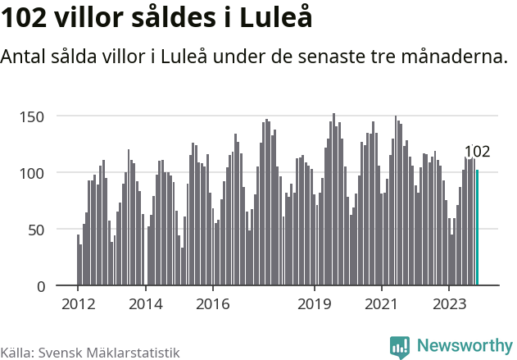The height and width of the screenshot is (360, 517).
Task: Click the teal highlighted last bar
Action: pos(477,228)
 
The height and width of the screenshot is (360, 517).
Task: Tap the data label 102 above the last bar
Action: pos(477,152)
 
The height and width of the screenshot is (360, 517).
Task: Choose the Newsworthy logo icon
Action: pos(400,346)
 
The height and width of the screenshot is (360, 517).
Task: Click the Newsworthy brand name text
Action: pos(464,346)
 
